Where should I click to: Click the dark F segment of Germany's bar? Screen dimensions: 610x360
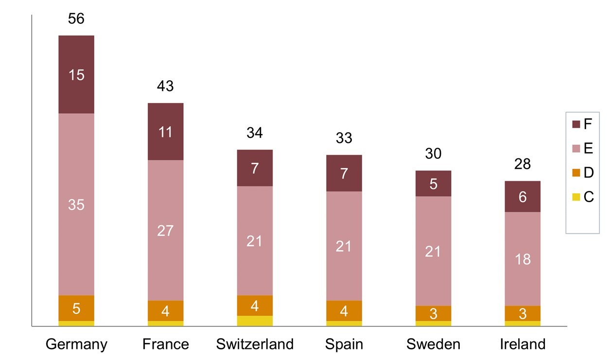point(76,74)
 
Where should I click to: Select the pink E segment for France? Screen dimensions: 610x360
point(166,230)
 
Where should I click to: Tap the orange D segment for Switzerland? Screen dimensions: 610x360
point(255,306)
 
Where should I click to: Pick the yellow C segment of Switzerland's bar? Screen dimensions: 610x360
point(255,321)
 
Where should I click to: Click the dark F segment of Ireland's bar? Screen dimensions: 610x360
point(523,196)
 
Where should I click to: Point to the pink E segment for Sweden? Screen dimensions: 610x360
point(433,251)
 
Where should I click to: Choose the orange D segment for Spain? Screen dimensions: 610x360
point(344,311)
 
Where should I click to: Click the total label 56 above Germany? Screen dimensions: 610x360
point(76,18)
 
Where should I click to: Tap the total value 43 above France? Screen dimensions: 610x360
point(165,86)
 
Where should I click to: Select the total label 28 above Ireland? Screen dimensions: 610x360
point(523,164)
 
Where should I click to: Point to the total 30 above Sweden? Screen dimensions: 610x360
point(433,154)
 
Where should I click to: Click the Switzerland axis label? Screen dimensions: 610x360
point(255,344)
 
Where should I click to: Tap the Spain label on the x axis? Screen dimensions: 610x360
point(344,344)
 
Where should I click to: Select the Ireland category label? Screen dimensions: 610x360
point(523,344)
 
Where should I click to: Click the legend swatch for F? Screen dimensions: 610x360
point(576,124)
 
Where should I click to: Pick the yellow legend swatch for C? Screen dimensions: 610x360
point(576,197)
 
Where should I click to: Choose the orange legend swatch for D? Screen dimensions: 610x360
point(576,172)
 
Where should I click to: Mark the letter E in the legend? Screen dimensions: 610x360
point(588,148)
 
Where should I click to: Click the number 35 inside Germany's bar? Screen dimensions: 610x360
point(76,205)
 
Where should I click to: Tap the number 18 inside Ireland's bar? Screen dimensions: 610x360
point(523,259)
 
